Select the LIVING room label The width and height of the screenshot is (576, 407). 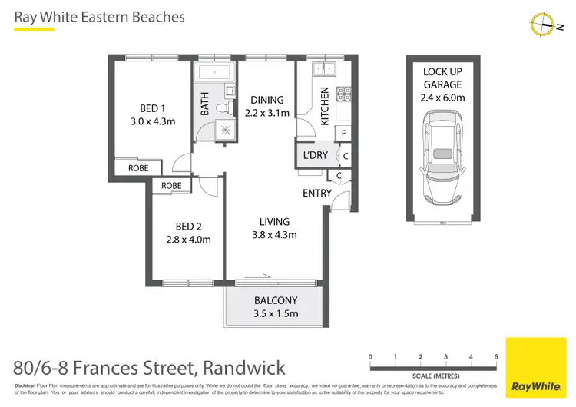point(274,222)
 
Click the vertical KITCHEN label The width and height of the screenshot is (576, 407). point(324,106)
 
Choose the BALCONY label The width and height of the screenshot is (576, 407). point(275,300)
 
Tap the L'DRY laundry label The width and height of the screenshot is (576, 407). point(316,156)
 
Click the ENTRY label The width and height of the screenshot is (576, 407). point(317,194)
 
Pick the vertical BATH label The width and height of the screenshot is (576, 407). point(205,104)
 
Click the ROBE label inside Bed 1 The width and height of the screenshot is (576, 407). point(138,167)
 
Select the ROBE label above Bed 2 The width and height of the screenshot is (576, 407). point(171,186)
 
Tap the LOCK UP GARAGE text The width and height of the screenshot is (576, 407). point(444,78)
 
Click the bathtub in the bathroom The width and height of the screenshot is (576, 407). point(214,73)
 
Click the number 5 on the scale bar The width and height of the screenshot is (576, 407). point(496,357)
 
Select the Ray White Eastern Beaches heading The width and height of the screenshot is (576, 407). point(100,16)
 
